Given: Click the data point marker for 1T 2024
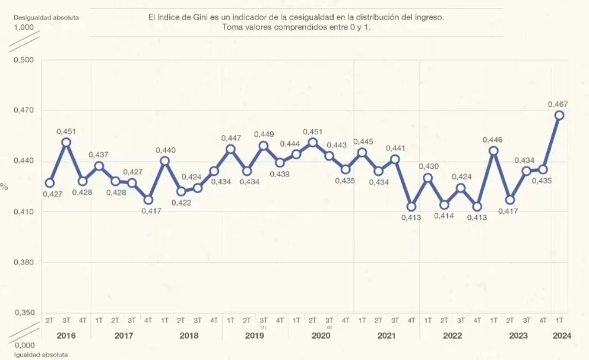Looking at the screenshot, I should (x=559, y=115).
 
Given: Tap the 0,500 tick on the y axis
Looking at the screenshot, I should (x=24, y=60).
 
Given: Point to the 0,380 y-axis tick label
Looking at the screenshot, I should (x=24, y=262).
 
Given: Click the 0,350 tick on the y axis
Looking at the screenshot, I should (x=24, y=312).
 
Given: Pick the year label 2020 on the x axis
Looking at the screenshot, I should (x=321, y=336).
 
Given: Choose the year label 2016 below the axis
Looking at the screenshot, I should (x=66, y=336).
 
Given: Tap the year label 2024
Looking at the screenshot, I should (x=562, y=336).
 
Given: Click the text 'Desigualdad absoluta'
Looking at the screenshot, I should (x=46, y=17).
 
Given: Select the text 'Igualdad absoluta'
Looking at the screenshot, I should (x=41, y=355).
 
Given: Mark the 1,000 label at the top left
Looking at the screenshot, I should (x=24, y=27).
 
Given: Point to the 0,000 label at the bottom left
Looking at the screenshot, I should (x=24, y=345).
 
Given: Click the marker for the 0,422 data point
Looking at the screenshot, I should (x=182, y=191).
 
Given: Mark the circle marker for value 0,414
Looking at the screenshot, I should (x=444, y=205).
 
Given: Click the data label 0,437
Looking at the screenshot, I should (x=99, y=155).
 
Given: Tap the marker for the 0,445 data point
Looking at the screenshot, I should (x=362, y=153).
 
